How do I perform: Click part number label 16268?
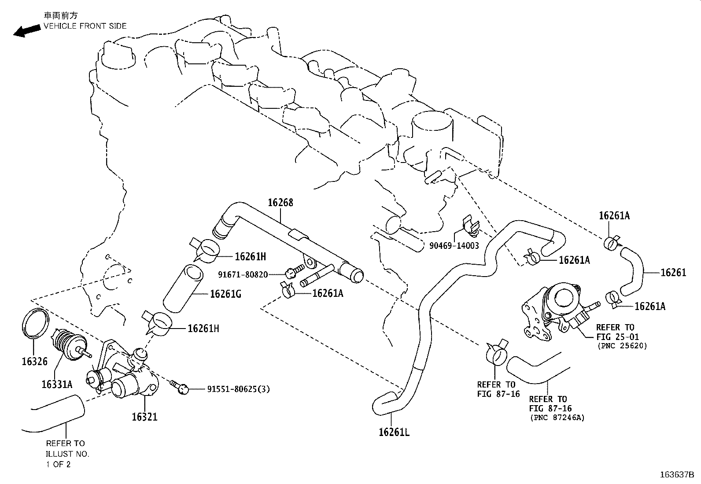280,203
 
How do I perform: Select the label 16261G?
225,294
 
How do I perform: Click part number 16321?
144,417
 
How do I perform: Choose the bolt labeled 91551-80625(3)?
181,388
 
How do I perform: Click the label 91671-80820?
243,275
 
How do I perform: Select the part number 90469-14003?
454,246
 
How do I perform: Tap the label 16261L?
394,432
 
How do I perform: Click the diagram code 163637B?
677,475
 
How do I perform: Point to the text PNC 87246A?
557,417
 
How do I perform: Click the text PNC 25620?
622,346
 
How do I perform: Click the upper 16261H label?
251,257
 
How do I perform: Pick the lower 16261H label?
203,328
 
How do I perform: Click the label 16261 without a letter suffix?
673,273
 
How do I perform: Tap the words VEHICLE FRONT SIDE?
85,26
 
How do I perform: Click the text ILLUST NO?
67,454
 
